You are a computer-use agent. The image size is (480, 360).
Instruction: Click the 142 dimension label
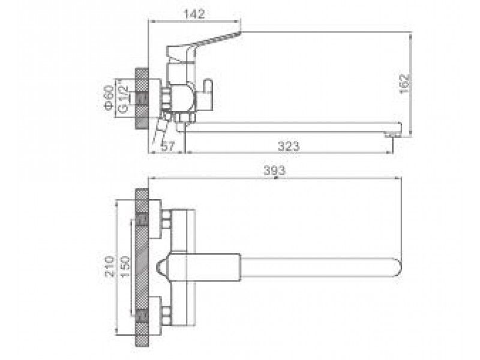194,14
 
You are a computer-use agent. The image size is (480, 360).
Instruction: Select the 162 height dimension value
404,84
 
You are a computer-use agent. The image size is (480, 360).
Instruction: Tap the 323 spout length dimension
289,146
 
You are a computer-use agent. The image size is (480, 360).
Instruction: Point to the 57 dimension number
168,146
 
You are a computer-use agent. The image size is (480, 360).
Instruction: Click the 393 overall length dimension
274,170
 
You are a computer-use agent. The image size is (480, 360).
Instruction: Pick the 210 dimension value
110,266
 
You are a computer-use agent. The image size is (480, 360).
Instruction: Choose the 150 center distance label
125,266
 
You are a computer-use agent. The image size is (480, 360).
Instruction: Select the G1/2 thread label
123,99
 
